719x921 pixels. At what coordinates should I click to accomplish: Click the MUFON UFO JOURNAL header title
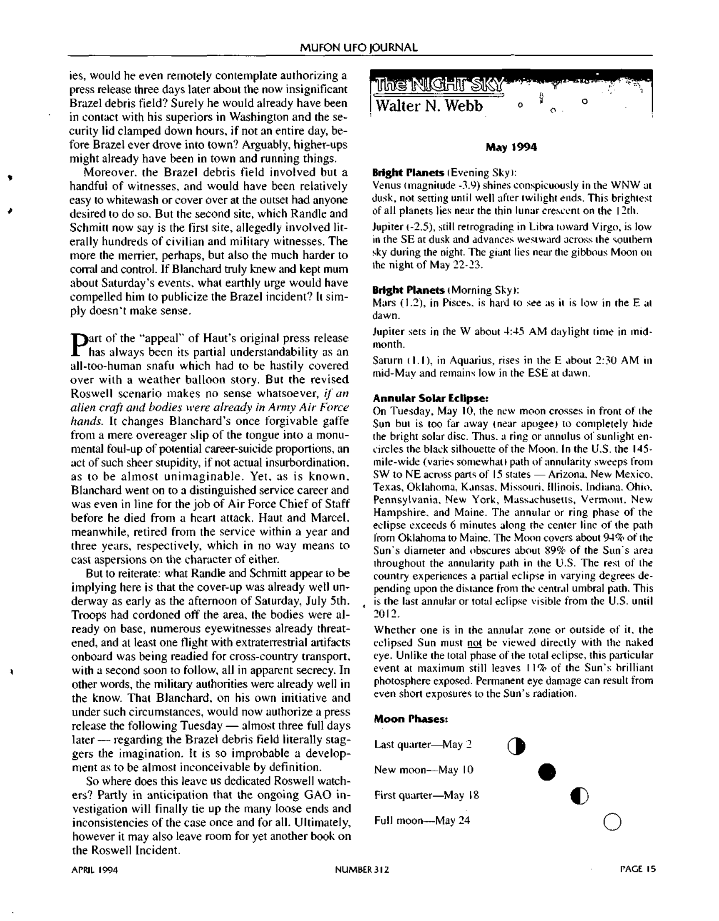click(358, 48)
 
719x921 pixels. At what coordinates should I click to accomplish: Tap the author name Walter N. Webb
click(429, 105)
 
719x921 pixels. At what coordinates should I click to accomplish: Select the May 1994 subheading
click(511, 148)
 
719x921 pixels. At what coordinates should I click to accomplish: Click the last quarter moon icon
click(517, 746)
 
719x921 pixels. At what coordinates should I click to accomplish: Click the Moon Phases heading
click(410, 719)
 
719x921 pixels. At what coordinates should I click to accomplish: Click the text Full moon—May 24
click(421, 821)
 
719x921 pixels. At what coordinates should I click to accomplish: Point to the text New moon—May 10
click(424, 770)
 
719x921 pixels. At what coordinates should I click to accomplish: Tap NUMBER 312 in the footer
click(362, 869)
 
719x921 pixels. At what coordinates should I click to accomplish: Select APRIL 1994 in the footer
click(94, 869)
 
